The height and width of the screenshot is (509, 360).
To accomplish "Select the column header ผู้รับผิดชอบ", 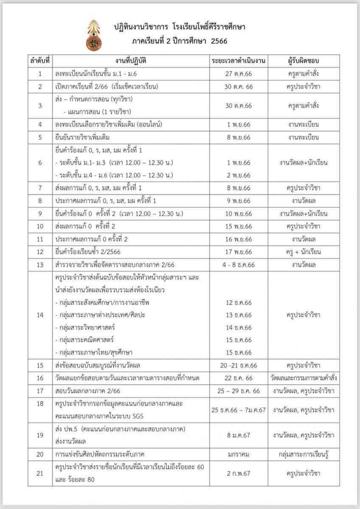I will pyautogui.click(x=303, y=61).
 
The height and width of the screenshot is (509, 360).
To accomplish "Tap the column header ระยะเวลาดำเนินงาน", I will pyautogui.click(x=239, y=61).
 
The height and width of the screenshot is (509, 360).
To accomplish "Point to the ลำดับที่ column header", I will pyautogui.click(x=40, y=61).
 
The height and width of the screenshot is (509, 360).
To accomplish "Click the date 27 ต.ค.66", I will pyautogui.click(x=239, y=74).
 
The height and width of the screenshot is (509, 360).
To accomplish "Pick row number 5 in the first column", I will pyautogui.click(x=40, y=137).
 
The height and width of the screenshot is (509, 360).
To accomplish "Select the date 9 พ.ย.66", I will pyautogui.click(x=239, y=201).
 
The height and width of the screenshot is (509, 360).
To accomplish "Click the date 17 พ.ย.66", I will pyautogui.click(x=239, y=252).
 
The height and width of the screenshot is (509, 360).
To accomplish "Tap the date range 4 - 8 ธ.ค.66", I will pyautogui.click(x=239, y=265).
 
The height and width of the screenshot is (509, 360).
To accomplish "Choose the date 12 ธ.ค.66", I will pyautogui.click(x=239, y=302).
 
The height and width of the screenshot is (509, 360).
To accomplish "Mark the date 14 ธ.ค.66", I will pyautogui.click(x=239, y=327).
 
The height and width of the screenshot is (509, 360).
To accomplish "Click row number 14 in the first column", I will pyautogui.click(x=40, y=315).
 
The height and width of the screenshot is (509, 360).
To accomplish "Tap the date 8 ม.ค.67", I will pyautogui.click(x=239, y=435).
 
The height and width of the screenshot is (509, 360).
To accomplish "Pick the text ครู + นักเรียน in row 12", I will pyautogui.click(x=303, y=252).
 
